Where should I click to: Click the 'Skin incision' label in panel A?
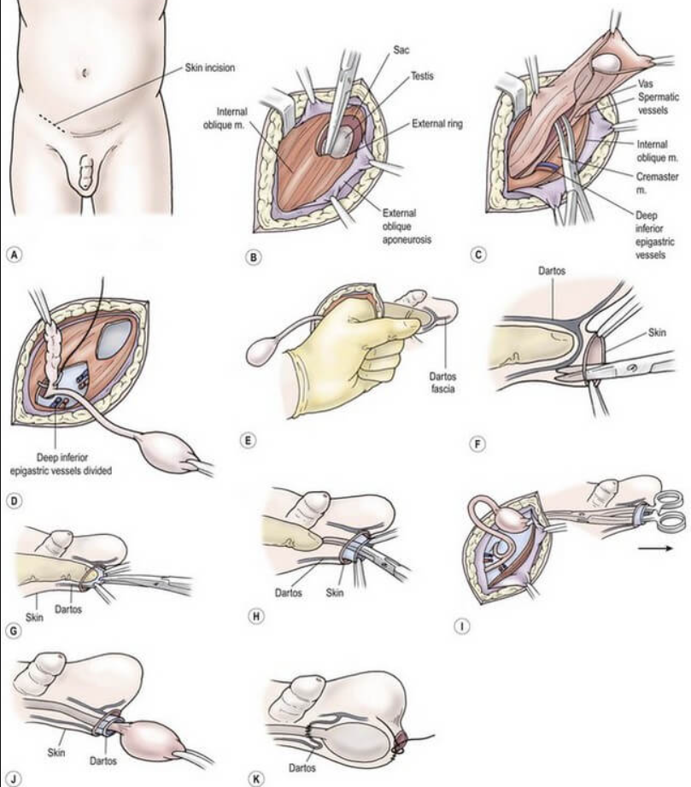click(x=209, y=67)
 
